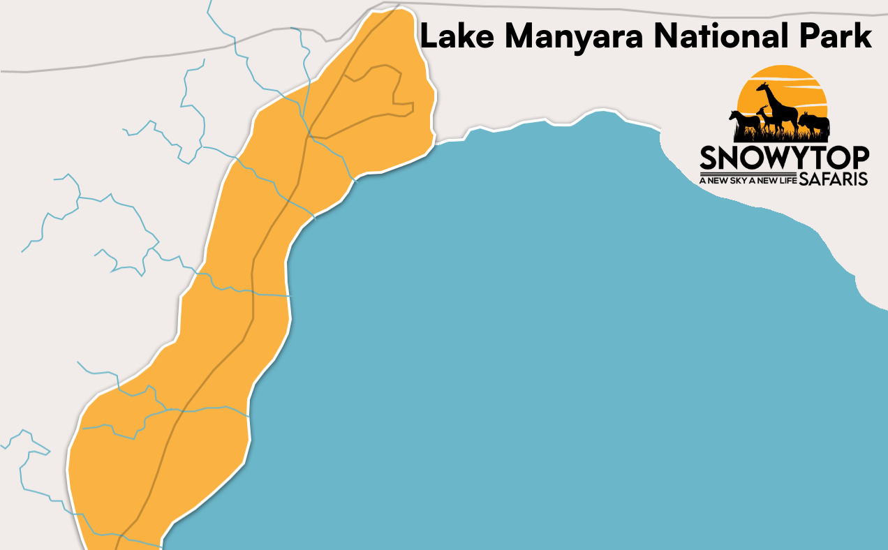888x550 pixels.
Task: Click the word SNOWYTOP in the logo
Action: tap(784, 158)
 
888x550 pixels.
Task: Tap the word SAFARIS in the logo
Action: tap(833, 179)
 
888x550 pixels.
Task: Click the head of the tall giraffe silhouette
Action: tap(764, 87)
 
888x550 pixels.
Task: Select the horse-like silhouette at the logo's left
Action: tap(744, 121)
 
